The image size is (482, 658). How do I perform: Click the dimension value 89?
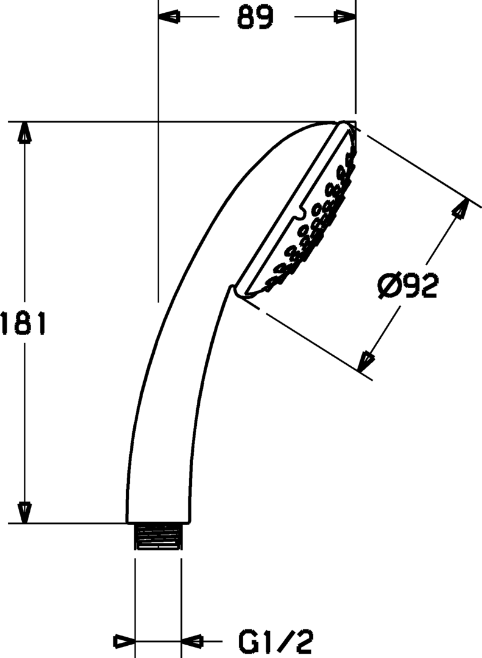pos(255,18)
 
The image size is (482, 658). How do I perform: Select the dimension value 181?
pos(23,323)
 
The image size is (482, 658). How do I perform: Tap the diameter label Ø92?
pos(408,286)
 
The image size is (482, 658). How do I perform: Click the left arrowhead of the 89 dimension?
pos(169,18)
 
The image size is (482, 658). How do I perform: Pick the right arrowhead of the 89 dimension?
pos(345,18)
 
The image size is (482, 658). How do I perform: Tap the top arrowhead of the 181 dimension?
pos(24,132)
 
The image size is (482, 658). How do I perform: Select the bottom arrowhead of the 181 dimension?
pos(24,512)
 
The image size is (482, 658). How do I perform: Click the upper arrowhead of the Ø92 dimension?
pos(461,209)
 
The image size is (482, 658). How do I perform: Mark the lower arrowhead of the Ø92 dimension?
pos(366,361)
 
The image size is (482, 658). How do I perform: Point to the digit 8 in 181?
pos(23,323)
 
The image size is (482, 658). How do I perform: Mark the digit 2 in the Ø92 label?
pos(428,286)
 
